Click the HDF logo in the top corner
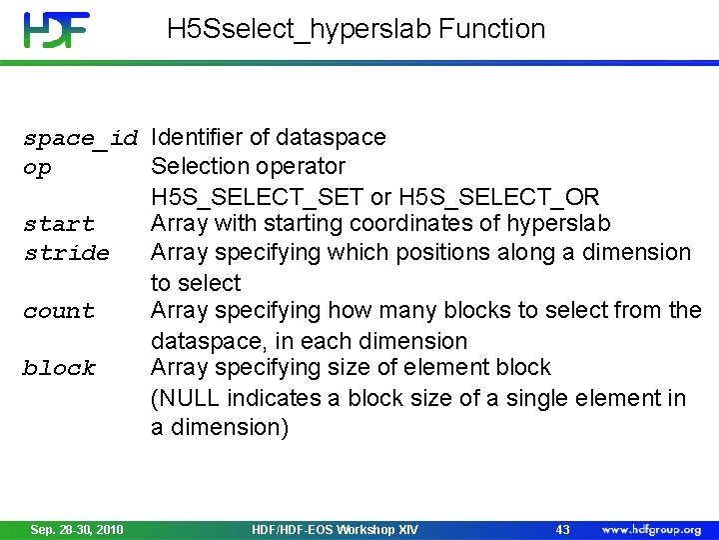57,30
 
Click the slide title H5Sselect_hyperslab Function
357,29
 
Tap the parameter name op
37,168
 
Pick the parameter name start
59,225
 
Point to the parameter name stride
66,253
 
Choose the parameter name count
59,312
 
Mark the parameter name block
59,369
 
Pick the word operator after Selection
302,166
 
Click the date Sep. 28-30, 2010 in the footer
77,529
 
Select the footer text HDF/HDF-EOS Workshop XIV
335,529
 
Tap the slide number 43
562,529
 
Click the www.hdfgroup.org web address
651,529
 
